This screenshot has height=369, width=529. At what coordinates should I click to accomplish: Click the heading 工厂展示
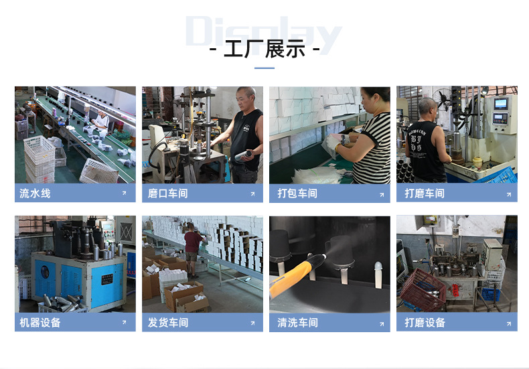tap(264, 50)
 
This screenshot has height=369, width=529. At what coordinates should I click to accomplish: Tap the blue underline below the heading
tap(264, 68)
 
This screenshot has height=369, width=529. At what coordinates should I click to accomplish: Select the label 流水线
tap(35, 194)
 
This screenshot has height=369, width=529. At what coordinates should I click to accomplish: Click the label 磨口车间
tap(167, 194)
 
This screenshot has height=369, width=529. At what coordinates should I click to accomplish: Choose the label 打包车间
tap(297, 194)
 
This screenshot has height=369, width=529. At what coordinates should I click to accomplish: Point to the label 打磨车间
tap(425, 194)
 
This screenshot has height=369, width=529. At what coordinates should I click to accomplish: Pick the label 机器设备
tap(40, 322)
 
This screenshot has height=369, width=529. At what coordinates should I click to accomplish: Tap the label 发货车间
tap(167, 322)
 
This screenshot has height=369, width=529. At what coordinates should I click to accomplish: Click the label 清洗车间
tap(297, 323)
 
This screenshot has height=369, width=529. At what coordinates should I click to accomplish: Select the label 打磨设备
tap(425, 322)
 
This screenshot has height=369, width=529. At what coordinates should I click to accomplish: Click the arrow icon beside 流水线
tap(124, 194)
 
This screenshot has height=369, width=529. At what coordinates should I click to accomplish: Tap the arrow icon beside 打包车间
tap(382, 195)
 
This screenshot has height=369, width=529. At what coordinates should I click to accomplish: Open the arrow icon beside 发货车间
tap(252, 323)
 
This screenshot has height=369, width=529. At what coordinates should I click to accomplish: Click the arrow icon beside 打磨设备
tap(509, 324)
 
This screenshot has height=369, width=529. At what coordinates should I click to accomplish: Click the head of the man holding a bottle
tap(245, 98)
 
